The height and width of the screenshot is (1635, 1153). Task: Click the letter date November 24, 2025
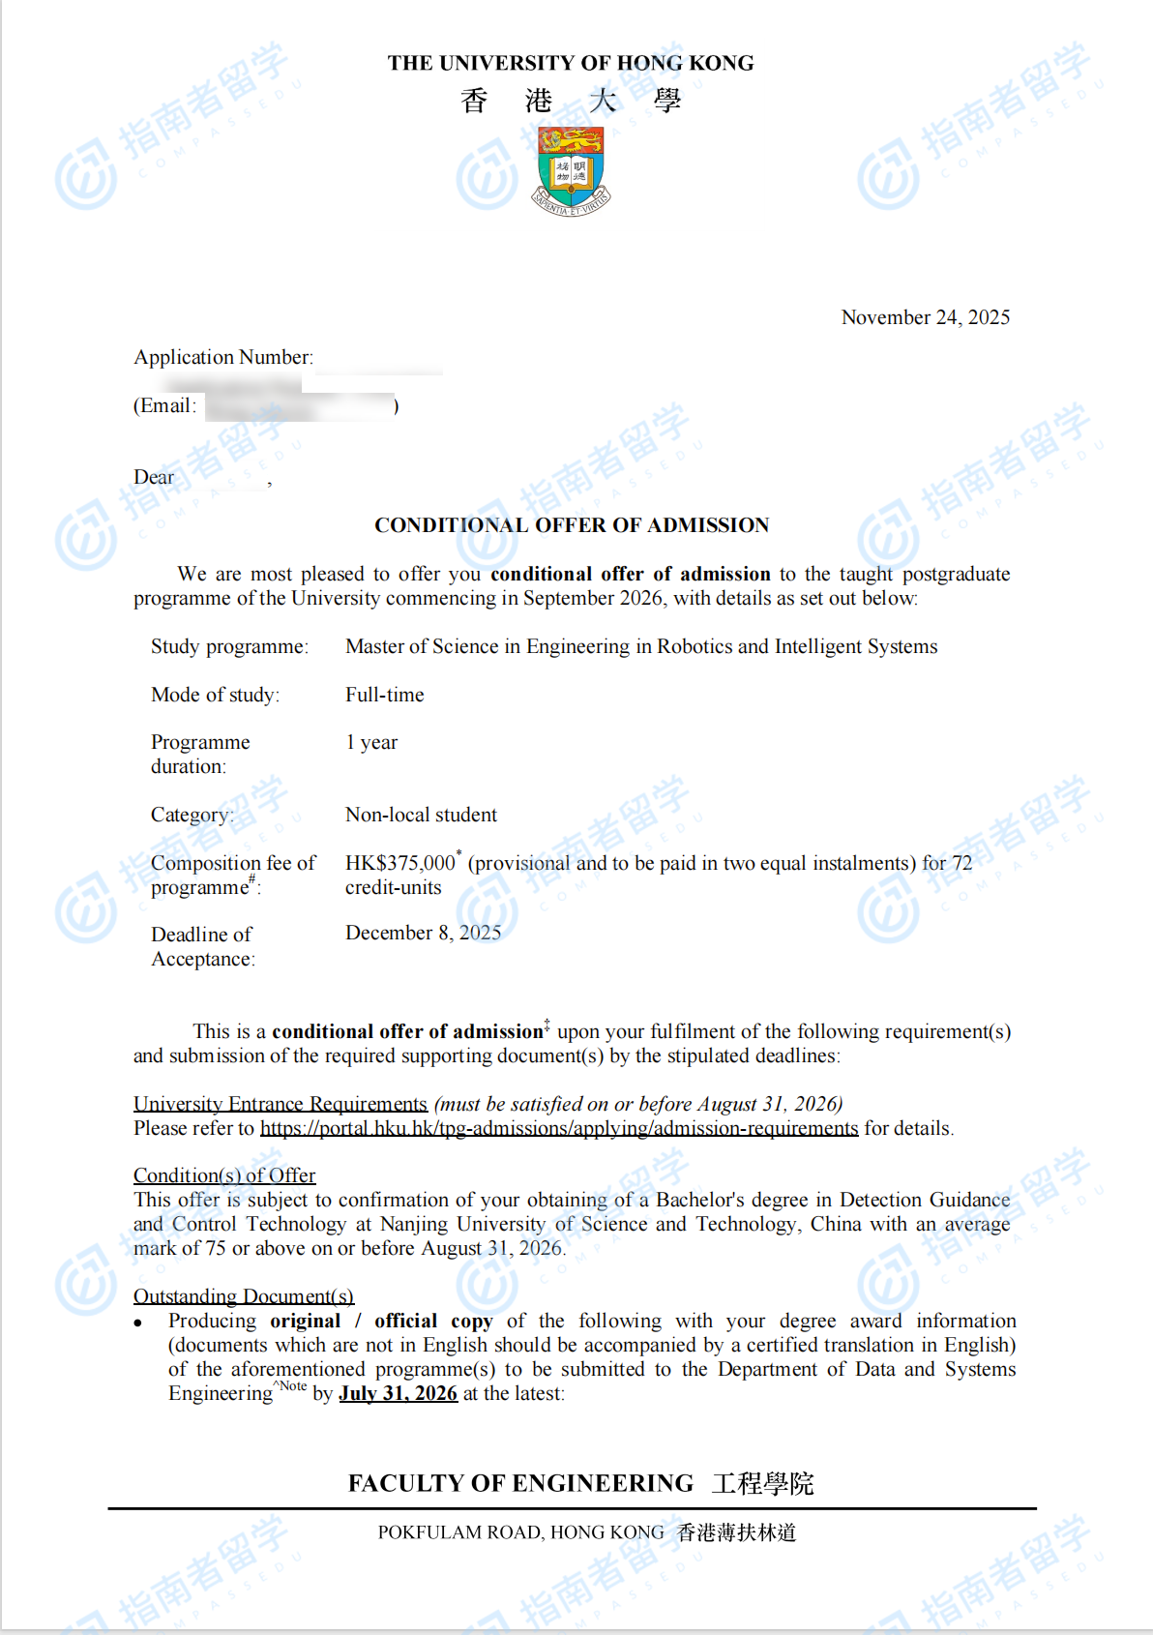(925, 317)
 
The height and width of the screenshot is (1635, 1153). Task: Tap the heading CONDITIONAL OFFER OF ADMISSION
(572, 525)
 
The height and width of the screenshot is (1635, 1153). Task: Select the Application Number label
(223, 357)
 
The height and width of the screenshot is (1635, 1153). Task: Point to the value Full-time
(384, 695)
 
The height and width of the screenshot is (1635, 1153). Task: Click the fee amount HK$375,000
(399, 863)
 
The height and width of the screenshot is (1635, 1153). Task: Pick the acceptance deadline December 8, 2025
(423, 933)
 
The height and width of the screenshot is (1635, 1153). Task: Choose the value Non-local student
(421, 815)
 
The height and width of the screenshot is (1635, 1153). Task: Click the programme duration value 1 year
(371, 742)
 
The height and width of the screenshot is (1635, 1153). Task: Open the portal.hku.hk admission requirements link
(559, 1128)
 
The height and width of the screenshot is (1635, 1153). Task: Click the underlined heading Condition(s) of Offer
(224, 1175)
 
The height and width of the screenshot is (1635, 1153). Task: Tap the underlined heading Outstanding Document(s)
(244, 1296)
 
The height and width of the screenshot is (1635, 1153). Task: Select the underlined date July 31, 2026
(398, 1393)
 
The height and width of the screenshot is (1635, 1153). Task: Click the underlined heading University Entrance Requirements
(281, 1104)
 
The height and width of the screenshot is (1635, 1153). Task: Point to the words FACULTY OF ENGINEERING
(520, 1483)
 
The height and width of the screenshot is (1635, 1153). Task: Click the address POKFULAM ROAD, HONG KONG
(520, 1532)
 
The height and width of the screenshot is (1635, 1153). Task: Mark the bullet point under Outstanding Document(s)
(139, 1323)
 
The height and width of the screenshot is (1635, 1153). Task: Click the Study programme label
(229, 646)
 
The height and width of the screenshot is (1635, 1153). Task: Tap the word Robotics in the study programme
(694, 646)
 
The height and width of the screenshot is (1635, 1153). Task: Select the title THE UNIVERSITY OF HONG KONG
(571, 63)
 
